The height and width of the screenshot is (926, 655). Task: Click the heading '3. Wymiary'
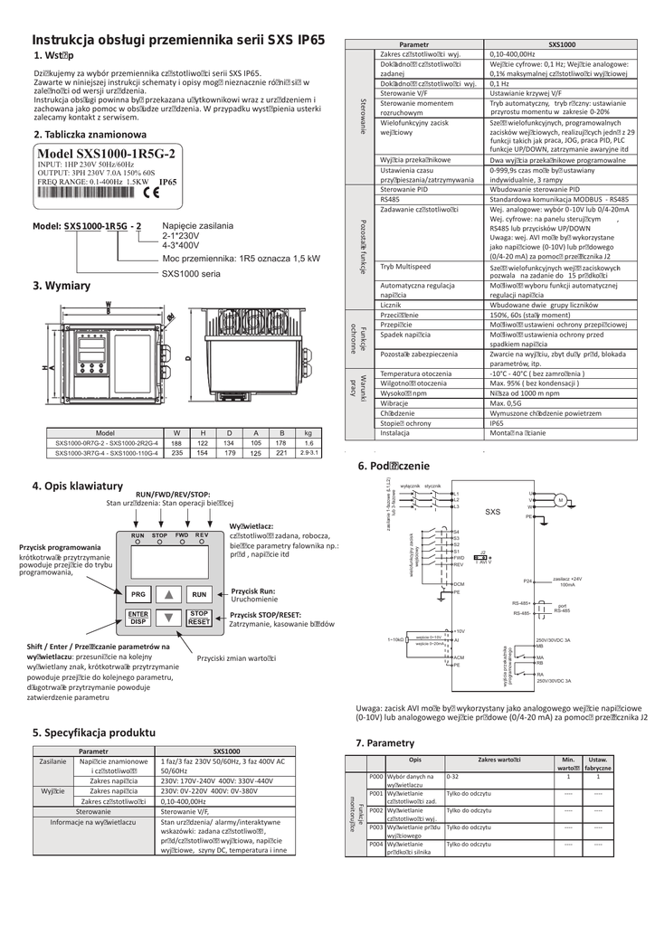62,286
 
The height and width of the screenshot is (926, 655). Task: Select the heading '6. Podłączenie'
392,466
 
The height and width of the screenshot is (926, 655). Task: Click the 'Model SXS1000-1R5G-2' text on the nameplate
106,155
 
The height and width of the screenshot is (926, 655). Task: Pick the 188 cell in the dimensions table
176,443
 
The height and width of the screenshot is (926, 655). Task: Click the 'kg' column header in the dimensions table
309,432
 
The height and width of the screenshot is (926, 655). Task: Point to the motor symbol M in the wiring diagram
559,500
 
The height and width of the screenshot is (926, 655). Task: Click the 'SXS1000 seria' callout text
191,272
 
